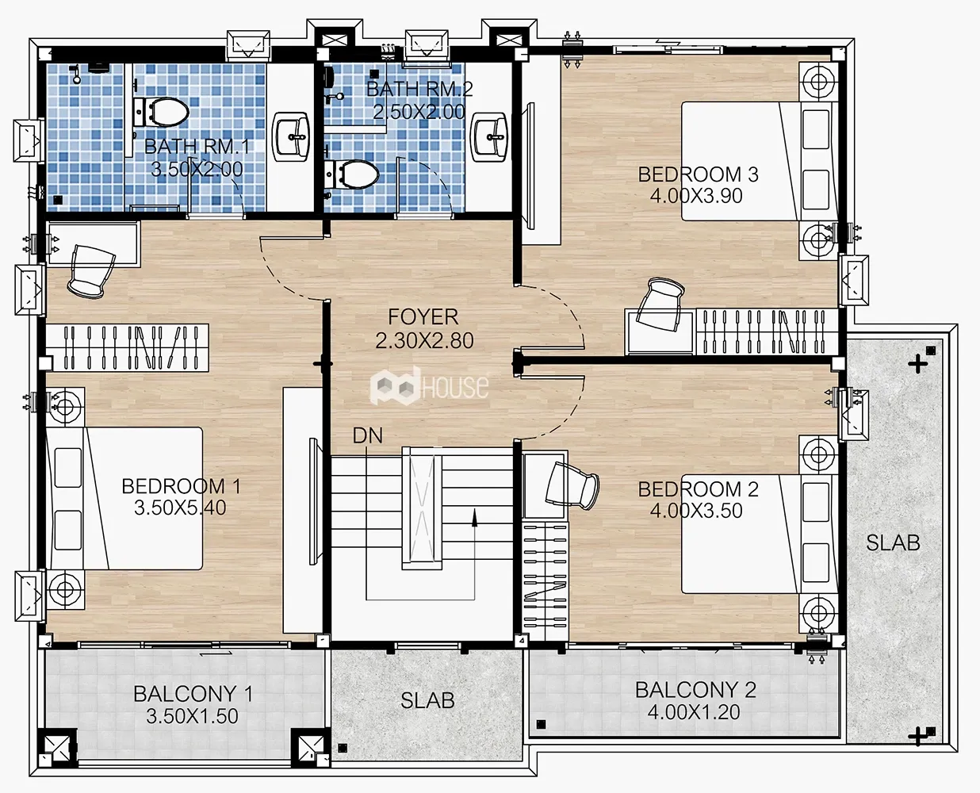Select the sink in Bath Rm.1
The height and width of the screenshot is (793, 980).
(x=290, y=136)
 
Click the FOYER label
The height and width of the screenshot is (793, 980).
(x=423, y=317)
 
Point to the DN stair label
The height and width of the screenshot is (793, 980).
(x=367, y=435)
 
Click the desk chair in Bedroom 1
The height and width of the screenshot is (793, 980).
(x=91, y=270)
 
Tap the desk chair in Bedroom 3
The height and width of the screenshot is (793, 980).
(x=660, y=304)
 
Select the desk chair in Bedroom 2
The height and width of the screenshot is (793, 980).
(x=572, y=485)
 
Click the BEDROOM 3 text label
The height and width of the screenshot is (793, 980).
(x=698, y=174)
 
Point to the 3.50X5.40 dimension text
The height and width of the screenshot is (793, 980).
(x=180, y=508)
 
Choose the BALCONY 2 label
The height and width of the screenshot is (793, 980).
(x=695, y=690)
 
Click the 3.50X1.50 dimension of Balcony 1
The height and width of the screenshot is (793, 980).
(x=193, y=715)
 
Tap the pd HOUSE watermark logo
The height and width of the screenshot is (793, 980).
(x=429, y=386)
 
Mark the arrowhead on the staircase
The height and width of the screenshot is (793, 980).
(x=474, y=517)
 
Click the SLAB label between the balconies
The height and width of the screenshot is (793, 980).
(x=427, y=700)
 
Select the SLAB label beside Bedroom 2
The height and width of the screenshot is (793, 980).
(x=893, y=542)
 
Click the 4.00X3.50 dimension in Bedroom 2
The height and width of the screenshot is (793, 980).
(x=696, y=511)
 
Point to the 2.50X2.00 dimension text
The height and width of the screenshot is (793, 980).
(x=419, y=112)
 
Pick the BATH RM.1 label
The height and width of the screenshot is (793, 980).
(x=197, y=147)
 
